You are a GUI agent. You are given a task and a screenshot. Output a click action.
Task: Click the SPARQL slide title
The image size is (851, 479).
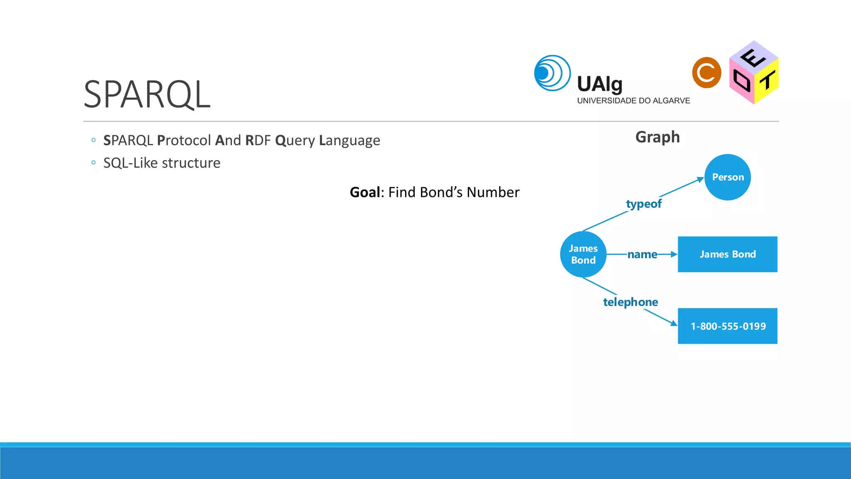[x=147, y=95]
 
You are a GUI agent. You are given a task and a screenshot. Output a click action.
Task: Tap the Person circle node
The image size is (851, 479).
[x=727, y=177]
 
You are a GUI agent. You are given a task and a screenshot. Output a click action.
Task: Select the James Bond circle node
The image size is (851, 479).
[x=583, y=254]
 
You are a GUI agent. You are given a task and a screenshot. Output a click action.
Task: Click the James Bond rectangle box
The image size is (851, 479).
[x=727, y=254]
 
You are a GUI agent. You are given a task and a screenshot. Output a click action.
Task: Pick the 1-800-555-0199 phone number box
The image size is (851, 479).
[x=727, y=326]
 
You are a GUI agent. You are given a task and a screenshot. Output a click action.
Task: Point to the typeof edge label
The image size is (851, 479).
[x=644, y=204]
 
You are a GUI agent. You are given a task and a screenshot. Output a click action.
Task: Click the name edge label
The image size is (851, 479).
[x=642, y=254]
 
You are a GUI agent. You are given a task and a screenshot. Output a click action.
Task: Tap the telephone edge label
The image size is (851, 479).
[x=630, y=302]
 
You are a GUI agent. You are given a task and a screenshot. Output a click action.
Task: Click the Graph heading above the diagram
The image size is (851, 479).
[x=657, y=137]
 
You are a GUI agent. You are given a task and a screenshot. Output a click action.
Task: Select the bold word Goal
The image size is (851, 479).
[x=365, y=192]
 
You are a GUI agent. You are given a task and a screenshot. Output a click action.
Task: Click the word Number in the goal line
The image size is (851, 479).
[x=493, y=192]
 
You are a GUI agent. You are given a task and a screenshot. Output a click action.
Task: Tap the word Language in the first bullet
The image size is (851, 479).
[x=349, y=141]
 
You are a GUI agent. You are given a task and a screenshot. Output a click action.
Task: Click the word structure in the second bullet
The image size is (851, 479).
[x=191, y=163]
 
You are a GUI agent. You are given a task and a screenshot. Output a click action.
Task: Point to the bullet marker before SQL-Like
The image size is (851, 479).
[x=93, y=163]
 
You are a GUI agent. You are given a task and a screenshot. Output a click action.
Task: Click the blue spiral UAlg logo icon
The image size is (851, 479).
[x=552, y=73]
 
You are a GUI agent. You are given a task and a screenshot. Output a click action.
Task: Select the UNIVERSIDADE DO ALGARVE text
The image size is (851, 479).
[x=633, y=101]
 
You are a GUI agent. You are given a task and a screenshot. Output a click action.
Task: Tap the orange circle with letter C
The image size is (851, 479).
[x=706, y=73]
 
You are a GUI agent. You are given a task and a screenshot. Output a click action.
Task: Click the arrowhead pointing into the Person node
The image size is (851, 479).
[x=700, y=180]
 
